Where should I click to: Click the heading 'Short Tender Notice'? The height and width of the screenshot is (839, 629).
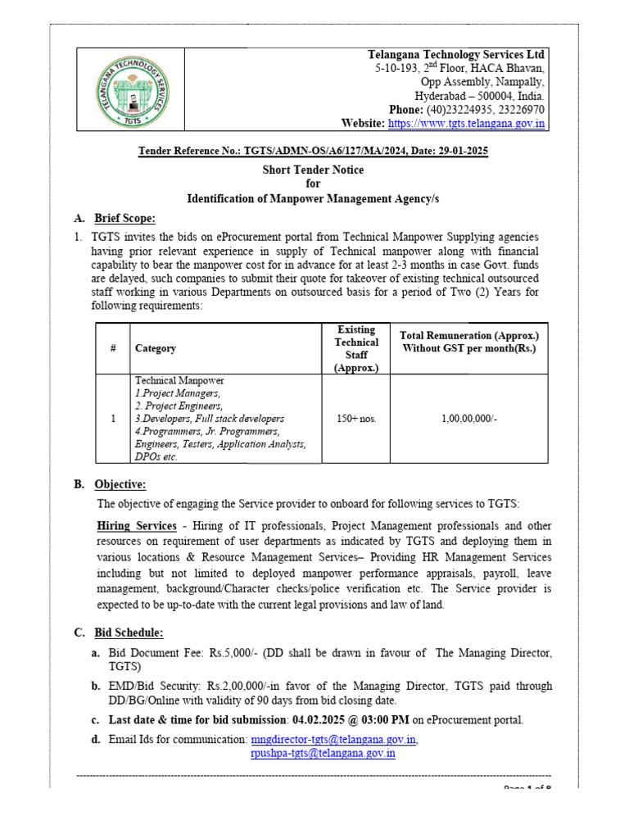coord(313,170)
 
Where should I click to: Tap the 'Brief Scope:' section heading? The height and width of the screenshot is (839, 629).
coord(124,218)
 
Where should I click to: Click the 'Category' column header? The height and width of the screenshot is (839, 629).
coord(156,348)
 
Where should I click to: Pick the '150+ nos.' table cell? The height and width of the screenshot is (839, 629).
coord(356,419)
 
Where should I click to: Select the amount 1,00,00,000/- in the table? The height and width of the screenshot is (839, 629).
coord(469,419)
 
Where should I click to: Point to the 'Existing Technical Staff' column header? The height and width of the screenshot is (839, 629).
coord(356,348)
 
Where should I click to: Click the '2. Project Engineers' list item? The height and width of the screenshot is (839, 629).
coord(179,406)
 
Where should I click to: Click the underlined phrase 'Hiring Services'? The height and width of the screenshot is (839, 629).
coord(137,526)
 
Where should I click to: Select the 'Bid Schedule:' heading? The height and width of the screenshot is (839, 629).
coord(129,633)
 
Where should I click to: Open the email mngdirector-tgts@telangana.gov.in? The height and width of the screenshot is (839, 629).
coord(334,740)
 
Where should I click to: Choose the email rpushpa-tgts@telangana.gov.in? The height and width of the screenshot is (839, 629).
coord(323,753)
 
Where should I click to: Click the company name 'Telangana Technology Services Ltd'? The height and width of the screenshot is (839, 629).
coord(456,54)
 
